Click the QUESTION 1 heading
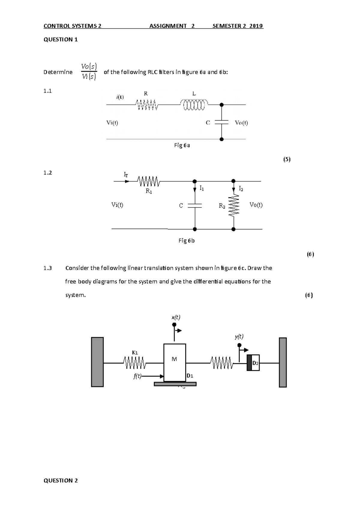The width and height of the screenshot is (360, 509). coord(61,40)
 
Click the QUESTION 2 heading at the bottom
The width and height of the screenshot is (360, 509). coord(61,481)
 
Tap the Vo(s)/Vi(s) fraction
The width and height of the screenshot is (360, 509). coord(89,72)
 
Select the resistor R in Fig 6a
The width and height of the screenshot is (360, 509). coord(146,105)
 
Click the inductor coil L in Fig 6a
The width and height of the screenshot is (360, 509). coord(194,105)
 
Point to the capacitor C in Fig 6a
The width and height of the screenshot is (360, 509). coord(221,122)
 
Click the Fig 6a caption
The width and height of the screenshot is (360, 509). coord(182,145)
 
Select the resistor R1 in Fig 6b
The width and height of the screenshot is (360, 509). coord(148,181)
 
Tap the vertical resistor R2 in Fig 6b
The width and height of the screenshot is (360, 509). coord(234,205)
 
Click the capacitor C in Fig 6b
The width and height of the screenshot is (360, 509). coord(195,206)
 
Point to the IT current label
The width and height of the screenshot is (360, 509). coord(126,174)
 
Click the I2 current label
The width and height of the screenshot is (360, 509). coord(241,189)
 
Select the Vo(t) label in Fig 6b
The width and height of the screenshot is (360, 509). coord(256,205)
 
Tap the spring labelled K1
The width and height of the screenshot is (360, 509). coord(134,363)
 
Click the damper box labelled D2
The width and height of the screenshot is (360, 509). coord(253,363)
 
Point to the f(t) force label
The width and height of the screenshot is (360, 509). coord(137,377)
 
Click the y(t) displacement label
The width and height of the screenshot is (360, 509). coord(239,337)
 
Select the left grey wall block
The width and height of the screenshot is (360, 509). coord(97,362)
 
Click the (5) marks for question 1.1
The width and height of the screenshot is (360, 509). coord(287,159)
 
